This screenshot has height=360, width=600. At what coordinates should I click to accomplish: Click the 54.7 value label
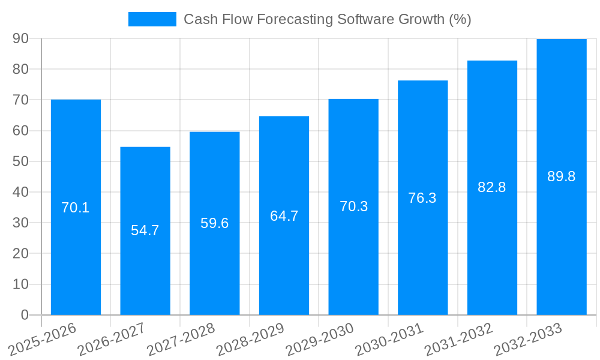pos(145,230)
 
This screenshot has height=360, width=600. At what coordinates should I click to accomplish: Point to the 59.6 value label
pos(215,223)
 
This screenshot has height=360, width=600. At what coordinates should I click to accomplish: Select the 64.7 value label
pos(284,216)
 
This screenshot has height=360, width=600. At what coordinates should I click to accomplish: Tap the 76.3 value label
pos(422,198)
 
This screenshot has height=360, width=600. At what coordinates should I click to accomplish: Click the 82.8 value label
pos(492,187)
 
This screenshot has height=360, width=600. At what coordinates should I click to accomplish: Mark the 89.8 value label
pos(562,176)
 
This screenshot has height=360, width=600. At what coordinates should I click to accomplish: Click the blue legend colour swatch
pos(152,19)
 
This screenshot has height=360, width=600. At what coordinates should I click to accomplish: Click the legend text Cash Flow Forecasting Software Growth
pos(327,19)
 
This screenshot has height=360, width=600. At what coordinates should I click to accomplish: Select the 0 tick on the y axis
pos(25,315)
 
